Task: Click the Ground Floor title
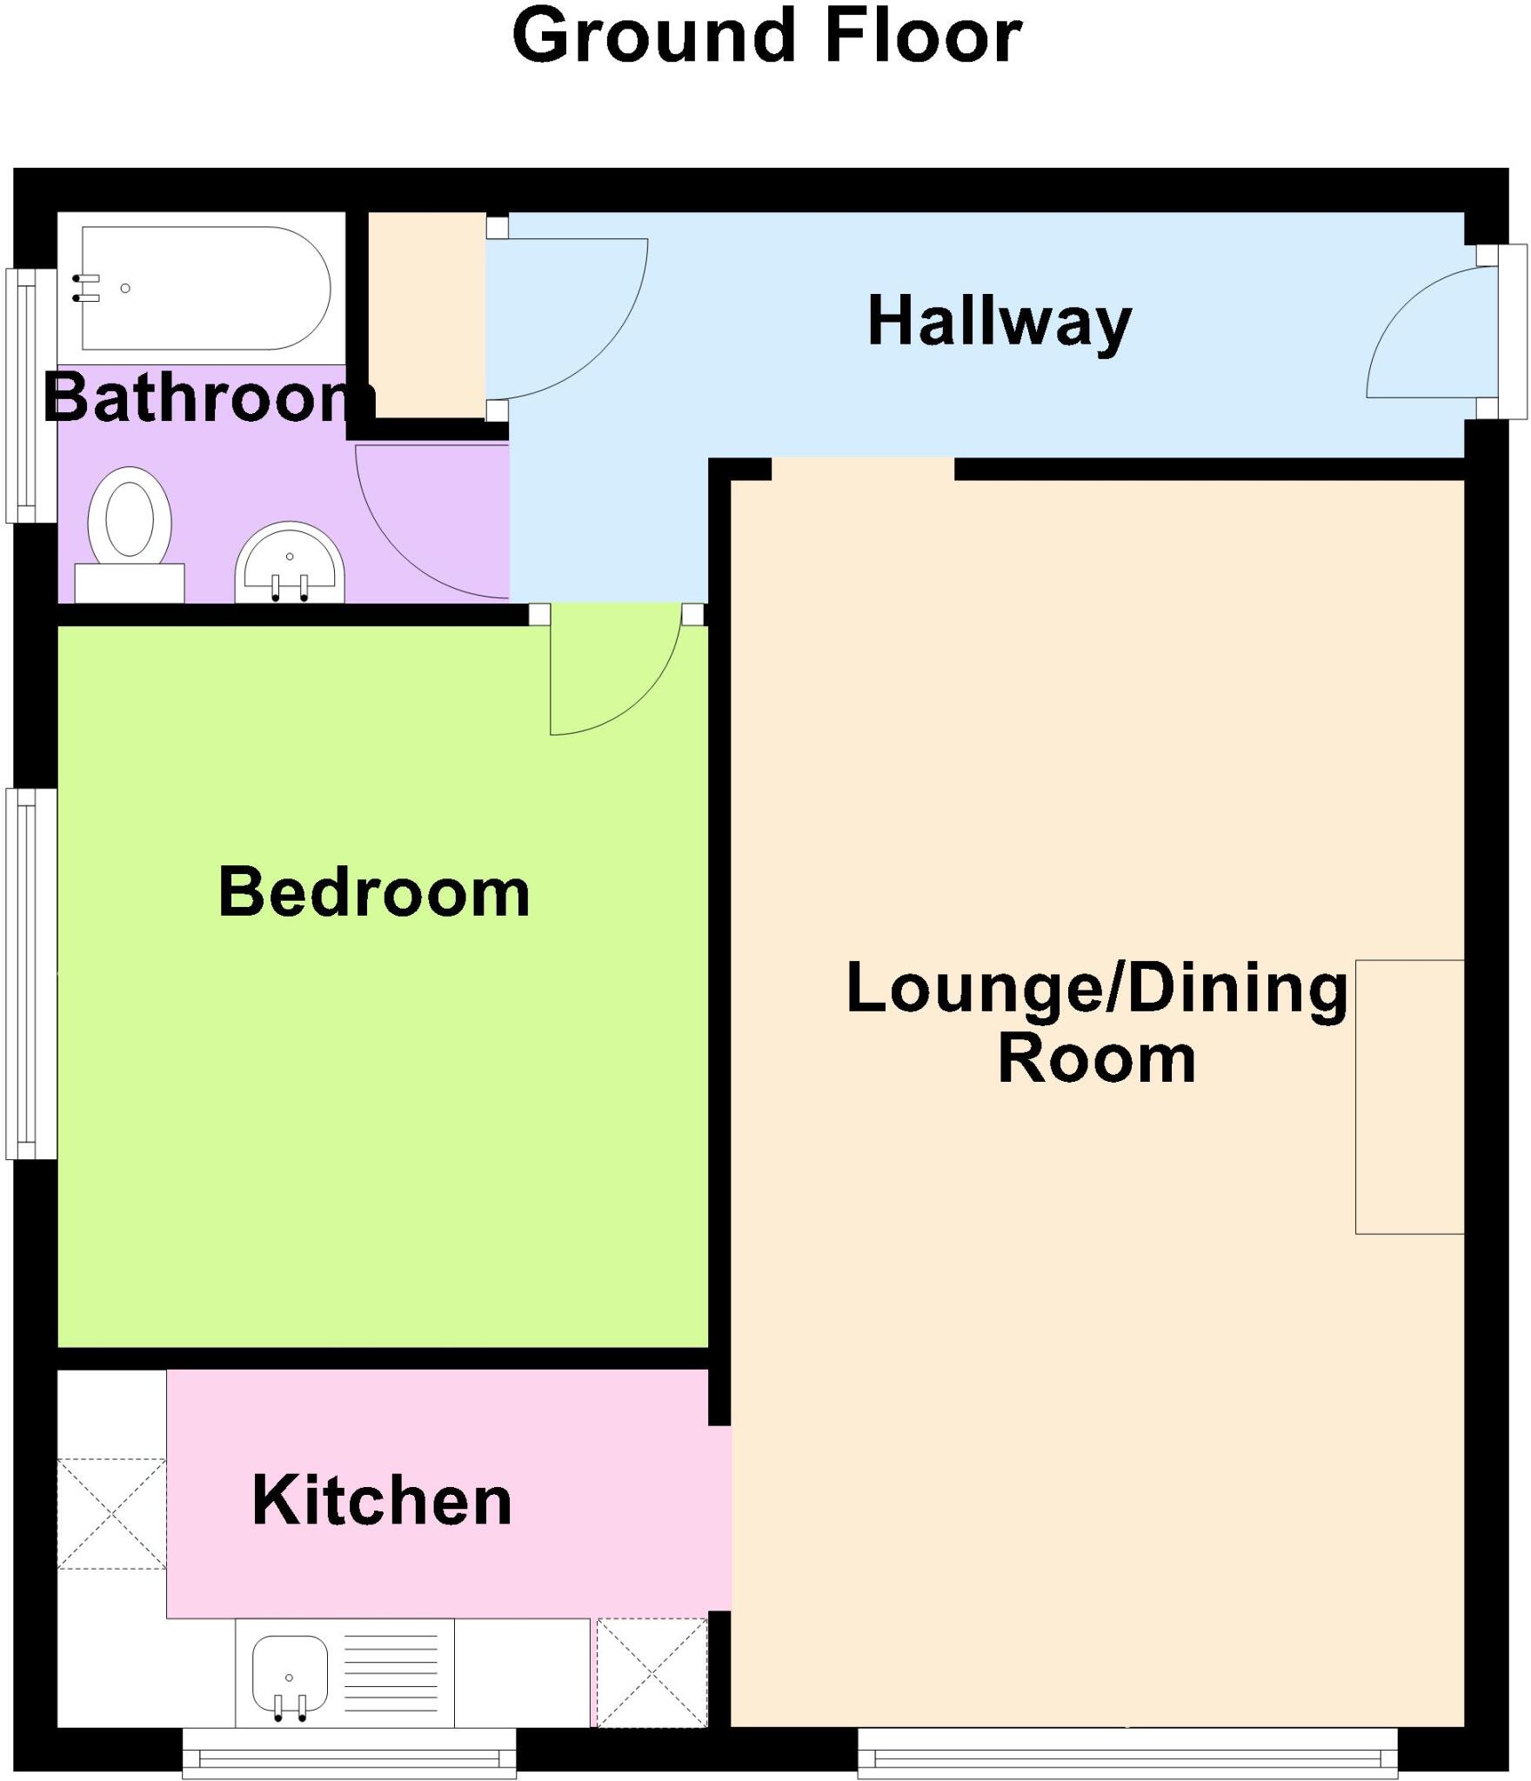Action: [766, 37]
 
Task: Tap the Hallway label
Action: [999, 322]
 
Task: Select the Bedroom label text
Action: [373, 892]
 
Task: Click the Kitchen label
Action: [382, 1501]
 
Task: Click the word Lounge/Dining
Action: [1096, 989]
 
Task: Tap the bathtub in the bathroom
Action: [204, 288]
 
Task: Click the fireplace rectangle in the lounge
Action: [1409, 1096]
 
